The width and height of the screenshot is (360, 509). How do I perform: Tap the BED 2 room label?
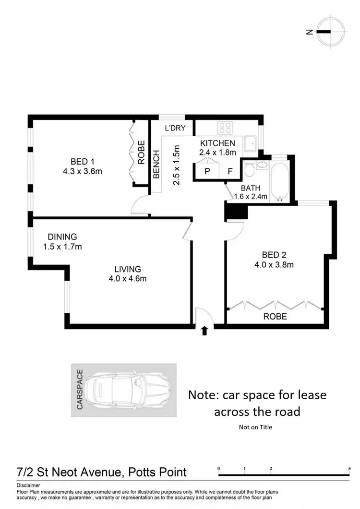[274, 255]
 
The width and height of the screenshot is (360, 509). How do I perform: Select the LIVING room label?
[127, 269]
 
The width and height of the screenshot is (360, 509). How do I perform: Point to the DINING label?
[62, 237]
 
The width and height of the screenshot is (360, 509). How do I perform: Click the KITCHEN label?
[217, 143]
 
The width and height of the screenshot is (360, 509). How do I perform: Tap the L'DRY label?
[175, 128]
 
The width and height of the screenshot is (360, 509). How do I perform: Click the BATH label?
[250, 188]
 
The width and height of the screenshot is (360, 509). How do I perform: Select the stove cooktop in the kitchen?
[225, 128]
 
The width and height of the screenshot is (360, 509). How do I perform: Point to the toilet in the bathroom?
[249, 170]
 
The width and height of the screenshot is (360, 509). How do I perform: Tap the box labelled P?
[207, 171]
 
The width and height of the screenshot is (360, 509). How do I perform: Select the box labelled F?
[230, 171]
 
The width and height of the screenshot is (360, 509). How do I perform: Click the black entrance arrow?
[204, 331]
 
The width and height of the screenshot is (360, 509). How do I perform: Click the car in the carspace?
[131, 389]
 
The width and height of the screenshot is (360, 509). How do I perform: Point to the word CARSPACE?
[80, 389]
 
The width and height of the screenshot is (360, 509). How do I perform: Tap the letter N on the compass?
[310, 32]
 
